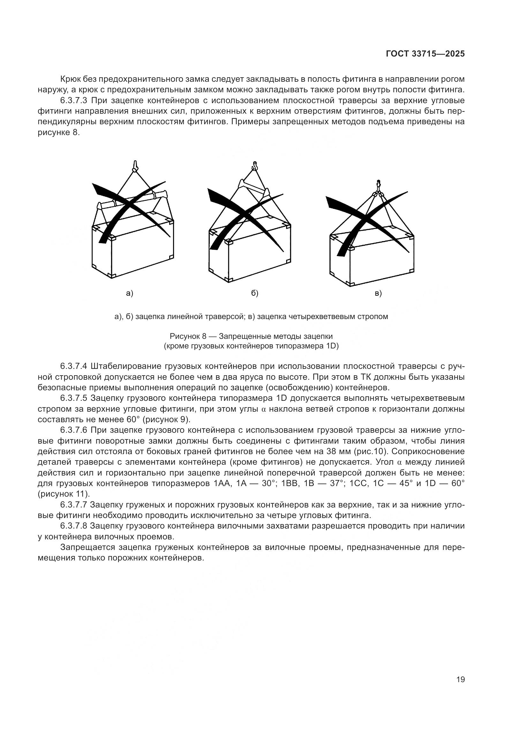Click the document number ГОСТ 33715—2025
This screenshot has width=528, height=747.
(425, 54)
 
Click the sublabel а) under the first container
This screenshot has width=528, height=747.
(130, 293)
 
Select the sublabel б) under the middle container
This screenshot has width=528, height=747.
(254, 293)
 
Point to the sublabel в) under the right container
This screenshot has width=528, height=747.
(378, 293)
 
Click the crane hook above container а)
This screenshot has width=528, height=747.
(136, 166)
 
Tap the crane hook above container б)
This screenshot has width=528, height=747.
(255, 166)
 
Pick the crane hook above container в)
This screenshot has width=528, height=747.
(378, 184)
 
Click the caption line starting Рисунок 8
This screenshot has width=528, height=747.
(251, 336)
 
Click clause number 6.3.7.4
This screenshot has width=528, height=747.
(73, 367)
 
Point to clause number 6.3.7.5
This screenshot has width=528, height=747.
(73, 399)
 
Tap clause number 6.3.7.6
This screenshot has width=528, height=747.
(73, 431)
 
